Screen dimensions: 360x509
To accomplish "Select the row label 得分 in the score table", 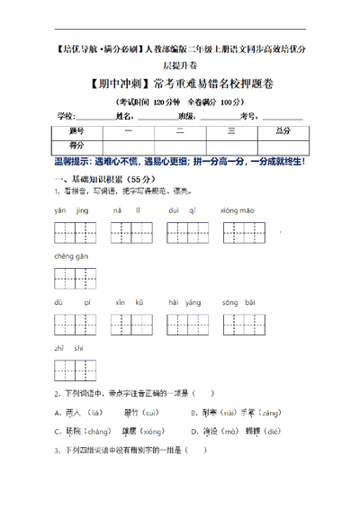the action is pyautogui.click(x=77, y=145).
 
